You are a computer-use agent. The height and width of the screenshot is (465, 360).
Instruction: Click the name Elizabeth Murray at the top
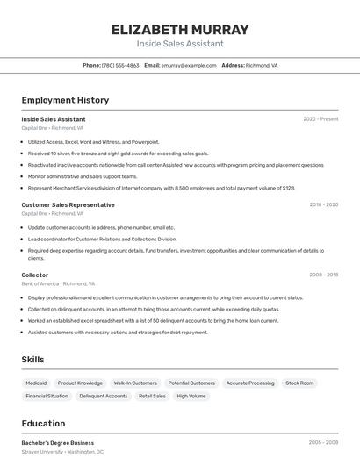pos(180,29)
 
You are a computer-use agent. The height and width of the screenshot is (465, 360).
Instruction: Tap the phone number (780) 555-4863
pos(120,65)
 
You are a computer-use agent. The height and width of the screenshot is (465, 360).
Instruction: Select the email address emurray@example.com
pos(189,65)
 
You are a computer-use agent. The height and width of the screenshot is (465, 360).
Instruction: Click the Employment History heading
pos(65,100)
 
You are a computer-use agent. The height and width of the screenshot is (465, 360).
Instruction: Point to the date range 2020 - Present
pos(320,119)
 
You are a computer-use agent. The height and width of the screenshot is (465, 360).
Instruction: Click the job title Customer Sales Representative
pos(68,204)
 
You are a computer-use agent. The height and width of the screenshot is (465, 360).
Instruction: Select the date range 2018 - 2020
pos(323,204)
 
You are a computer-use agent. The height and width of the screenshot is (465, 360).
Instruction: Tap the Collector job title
pos(35,275)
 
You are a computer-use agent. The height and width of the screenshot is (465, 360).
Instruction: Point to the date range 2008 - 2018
pos(323,275)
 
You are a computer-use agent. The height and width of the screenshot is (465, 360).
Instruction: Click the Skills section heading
pos(32,360)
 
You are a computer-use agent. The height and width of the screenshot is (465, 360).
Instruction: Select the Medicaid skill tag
pos(36,383)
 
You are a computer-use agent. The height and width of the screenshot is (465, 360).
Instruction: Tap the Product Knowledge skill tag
pos(80,383)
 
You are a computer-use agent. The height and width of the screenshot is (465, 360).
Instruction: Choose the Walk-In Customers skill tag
pos(135,383)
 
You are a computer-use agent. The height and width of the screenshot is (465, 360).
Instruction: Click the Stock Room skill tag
pos(299,383)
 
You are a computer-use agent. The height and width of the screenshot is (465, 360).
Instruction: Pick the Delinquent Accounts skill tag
pos(104,396)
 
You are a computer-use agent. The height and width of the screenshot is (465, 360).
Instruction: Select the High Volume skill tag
pos(191,396)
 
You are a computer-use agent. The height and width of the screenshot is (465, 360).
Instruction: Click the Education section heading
pos(43,423)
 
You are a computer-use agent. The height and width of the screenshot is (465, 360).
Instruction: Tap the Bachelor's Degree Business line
pos(57,443)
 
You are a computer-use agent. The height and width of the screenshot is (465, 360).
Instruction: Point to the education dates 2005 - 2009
pos(323,443)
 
